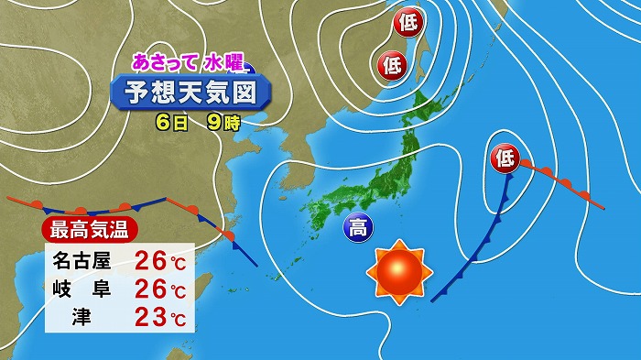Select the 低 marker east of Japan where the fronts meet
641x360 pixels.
click(x=505, y=158)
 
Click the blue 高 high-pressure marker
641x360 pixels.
click(x=358, y=228)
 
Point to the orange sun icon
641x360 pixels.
click(x=397, y=271)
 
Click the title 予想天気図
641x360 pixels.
click(x=191, y=93)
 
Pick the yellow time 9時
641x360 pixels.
click(x=223, y=120)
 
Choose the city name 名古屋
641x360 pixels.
click(x=82, y=262)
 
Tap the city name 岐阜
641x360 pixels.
click(x=82, y=291)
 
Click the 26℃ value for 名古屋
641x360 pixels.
click(x=159, y=262)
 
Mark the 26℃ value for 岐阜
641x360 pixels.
click(x=159, y=291)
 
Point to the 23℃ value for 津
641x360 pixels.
click(x=159, y=321)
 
